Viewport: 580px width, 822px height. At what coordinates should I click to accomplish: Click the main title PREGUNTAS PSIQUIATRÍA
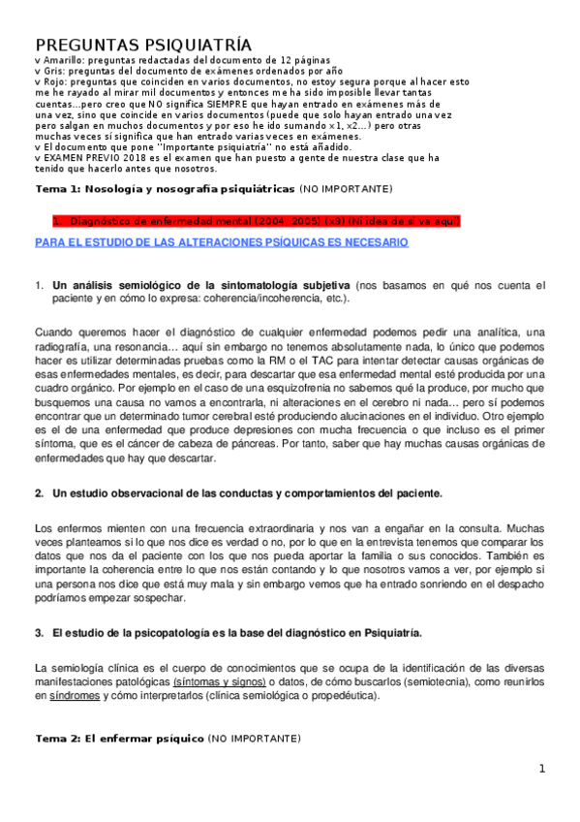(x=143, y=45)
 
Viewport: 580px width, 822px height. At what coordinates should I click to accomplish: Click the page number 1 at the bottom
(x=543, y=770)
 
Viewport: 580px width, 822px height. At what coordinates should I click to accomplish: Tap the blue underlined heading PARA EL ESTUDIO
(x=221, y=242)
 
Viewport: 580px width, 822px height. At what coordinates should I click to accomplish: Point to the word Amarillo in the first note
(x=63, y=60)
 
